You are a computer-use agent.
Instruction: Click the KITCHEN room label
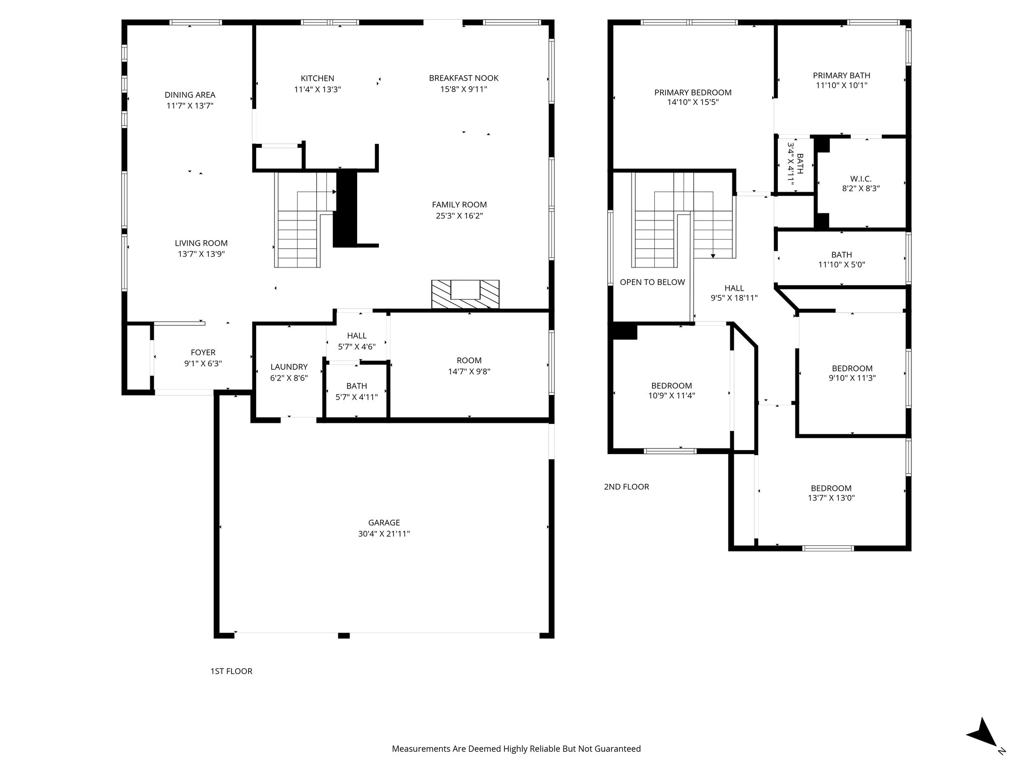click(x=317, y=78)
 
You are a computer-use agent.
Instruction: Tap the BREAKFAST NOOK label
click(x=464, y=78)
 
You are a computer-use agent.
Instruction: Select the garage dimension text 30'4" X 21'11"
click(x=384, y=534)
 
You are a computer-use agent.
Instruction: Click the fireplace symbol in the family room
click(x=465, y=294)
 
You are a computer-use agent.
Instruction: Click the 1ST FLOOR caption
click(x=231, y=671)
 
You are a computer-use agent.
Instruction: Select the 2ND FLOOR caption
click(x=626, y=487)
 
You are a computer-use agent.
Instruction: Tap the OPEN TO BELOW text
click(x=652, y=282)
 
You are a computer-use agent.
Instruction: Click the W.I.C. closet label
click(x=860, y=179)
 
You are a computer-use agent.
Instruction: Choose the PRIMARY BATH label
click(x=841, y=76)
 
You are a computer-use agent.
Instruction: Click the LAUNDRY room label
click(x=289, y=367)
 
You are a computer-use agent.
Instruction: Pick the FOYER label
click(x=203, y=353)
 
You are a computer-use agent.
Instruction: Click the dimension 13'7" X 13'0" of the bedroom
click(x=831, y=498)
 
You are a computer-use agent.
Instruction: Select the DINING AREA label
click(x=190, y=95)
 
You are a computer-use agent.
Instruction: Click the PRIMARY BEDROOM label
click(x=693, y=92)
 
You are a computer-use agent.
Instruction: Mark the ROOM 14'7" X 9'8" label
click(x=469, y=366)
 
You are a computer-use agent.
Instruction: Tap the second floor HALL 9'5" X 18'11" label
click(x=734, y=293)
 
